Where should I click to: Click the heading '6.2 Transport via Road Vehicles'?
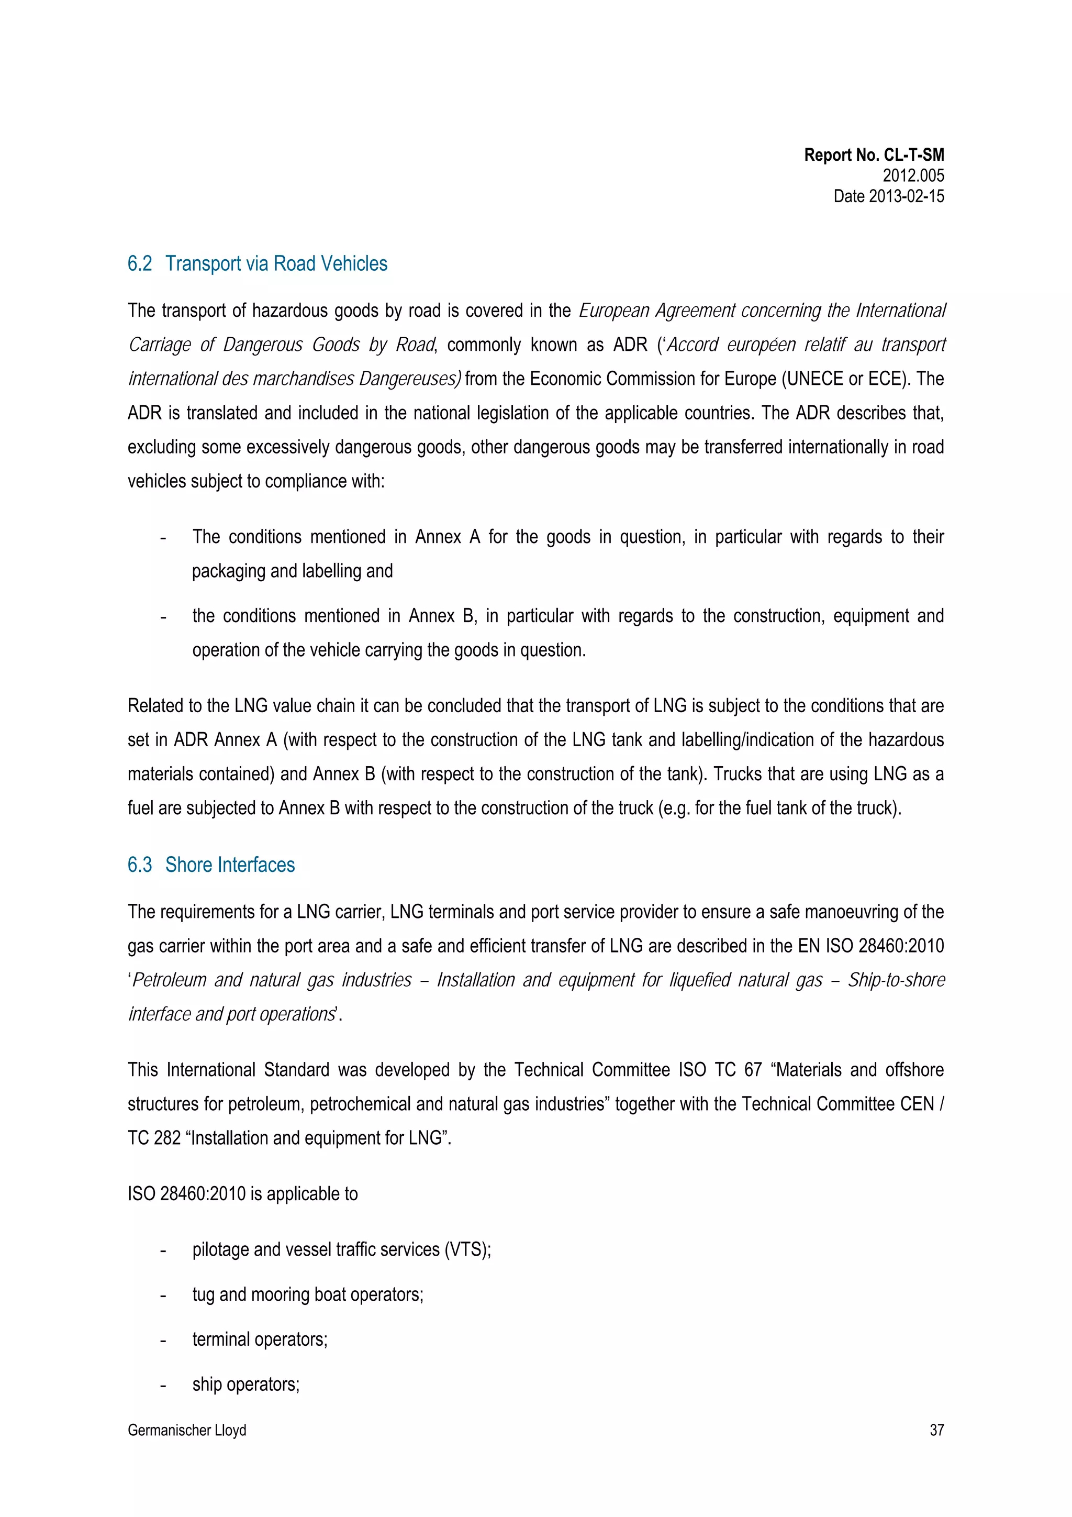coord(257,263)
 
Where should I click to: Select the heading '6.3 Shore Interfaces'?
coord(211,865)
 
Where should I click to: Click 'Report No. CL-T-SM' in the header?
coord(873,156)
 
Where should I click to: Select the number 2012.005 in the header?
coord(913,176)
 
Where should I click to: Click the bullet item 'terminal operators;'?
coord(260,1339)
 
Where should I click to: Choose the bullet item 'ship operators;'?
coord(245,1384)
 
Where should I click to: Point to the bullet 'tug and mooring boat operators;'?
coord(307,1294)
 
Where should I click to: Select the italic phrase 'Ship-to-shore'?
coord(896,980)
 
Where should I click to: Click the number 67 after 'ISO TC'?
coord(753,1070)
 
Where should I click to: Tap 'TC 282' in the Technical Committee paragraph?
coord(154,1138)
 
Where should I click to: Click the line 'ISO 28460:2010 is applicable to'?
coord(242,1194)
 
